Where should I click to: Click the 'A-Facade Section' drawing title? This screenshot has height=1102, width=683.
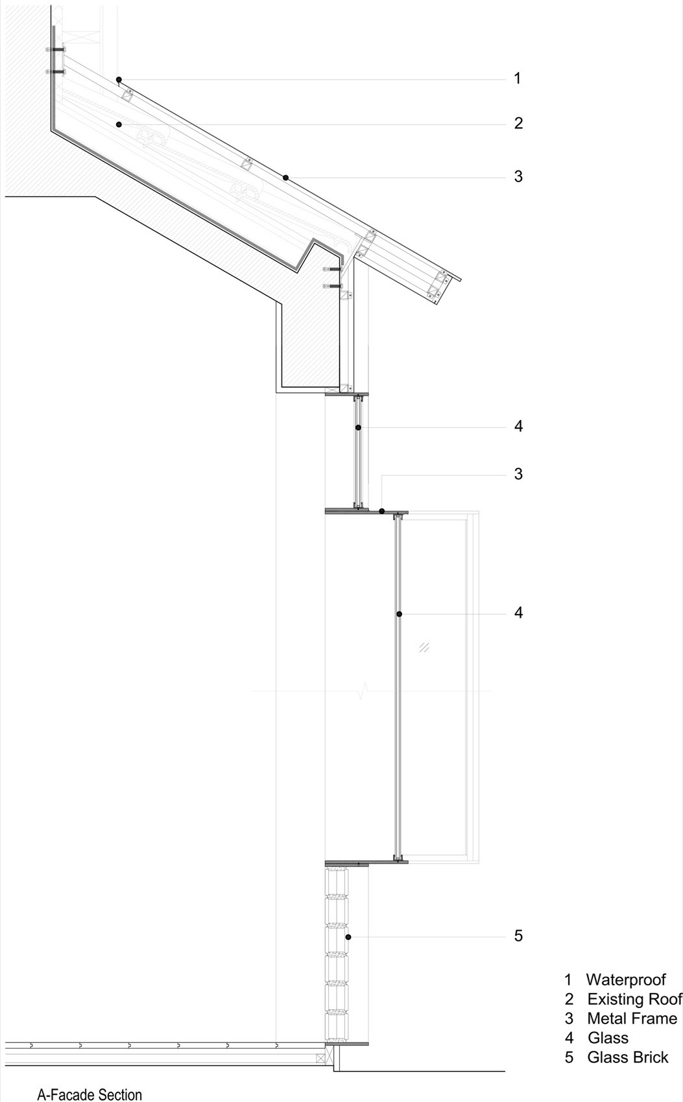click(x=89, y=1094)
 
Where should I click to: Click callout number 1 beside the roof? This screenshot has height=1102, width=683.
click(x=517, y=78)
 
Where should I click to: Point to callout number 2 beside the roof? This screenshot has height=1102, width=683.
click(x=518, y=123)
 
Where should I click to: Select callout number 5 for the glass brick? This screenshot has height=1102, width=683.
click(x=518, y=935)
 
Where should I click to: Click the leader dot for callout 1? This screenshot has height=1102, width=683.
click(x=119, y=79)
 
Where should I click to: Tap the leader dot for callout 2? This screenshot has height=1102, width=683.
click(x=119, y=124)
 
